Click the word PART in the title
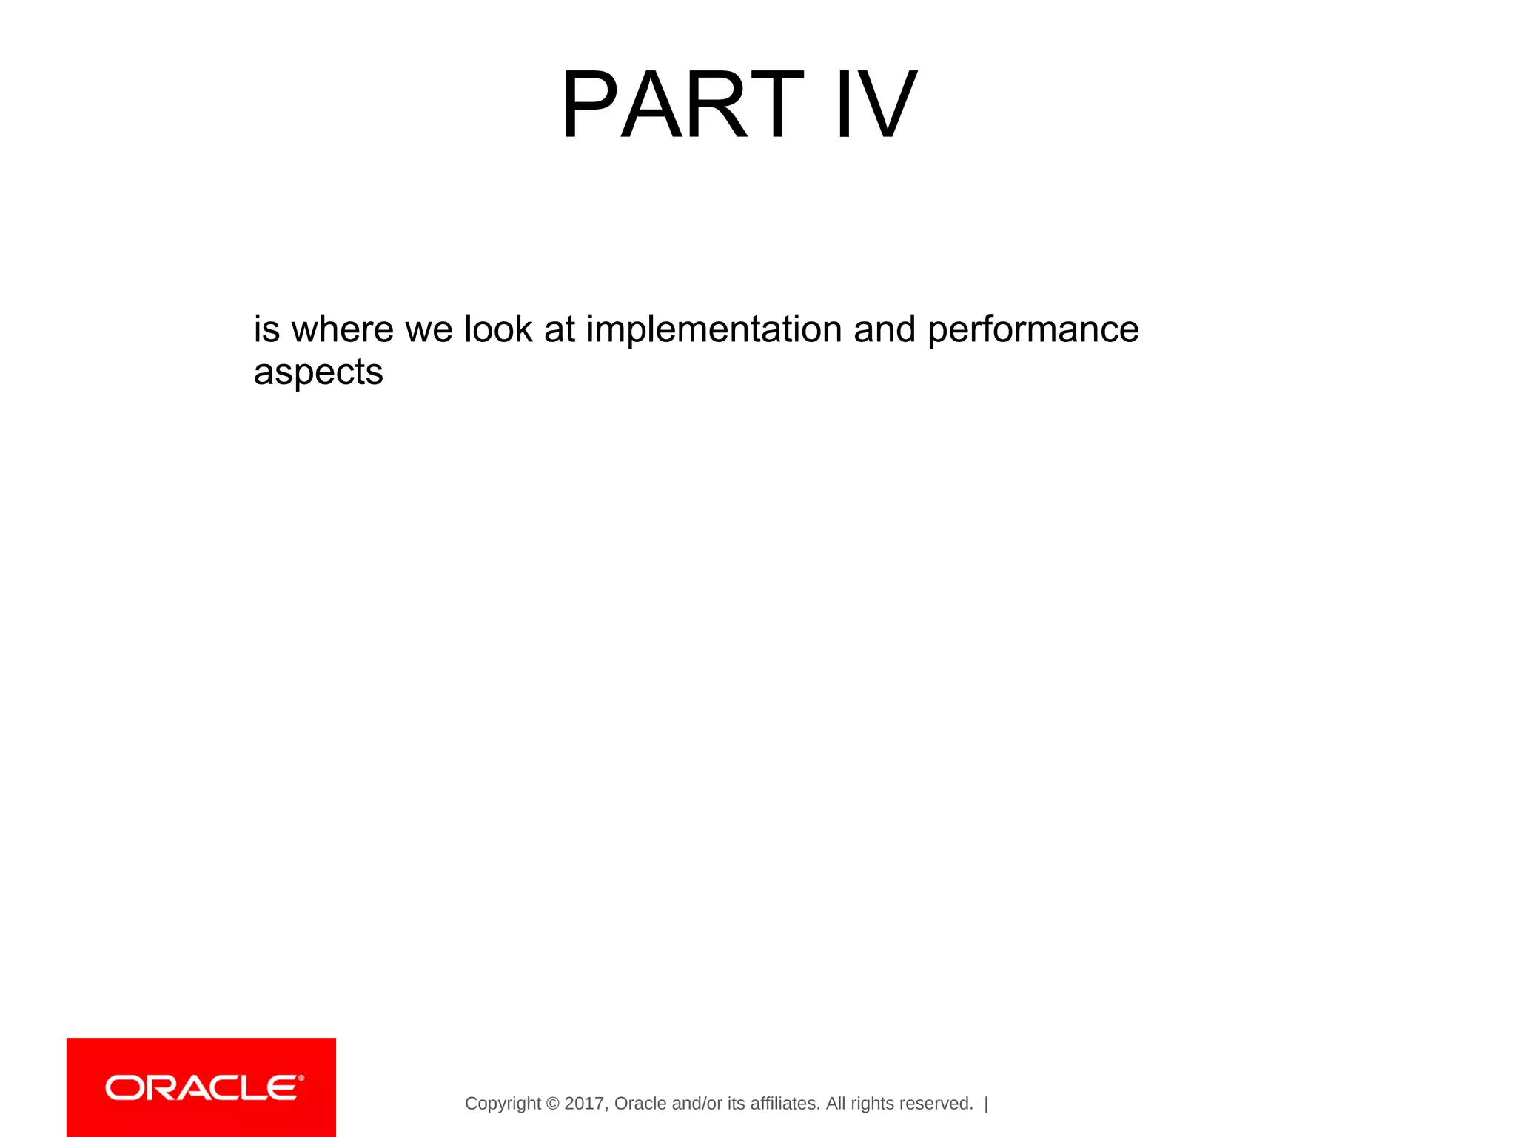pos(681,105)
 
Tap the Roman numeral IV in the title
pos(876,105)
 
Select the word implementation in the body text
pos(714,329)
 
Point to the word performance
pos(1033,331)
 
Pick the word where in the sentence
pos(343,329)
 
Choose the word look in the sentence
pos(497,329)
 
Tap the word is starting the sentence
pos(266,329)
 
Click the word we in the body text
pos(429,331)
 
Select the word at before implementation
pos(560,329)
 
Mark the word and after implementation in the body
pos(885,329)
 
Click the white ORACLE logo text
pos(201,1088)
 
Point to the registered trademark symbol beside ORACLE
pos(301,1079)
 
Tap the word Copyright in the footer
pos(503,1104)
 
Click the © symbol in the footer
pos(552,1104)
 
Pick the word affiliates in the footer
pos(785,1104)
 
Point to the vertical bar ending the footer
pos(986,1104)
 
